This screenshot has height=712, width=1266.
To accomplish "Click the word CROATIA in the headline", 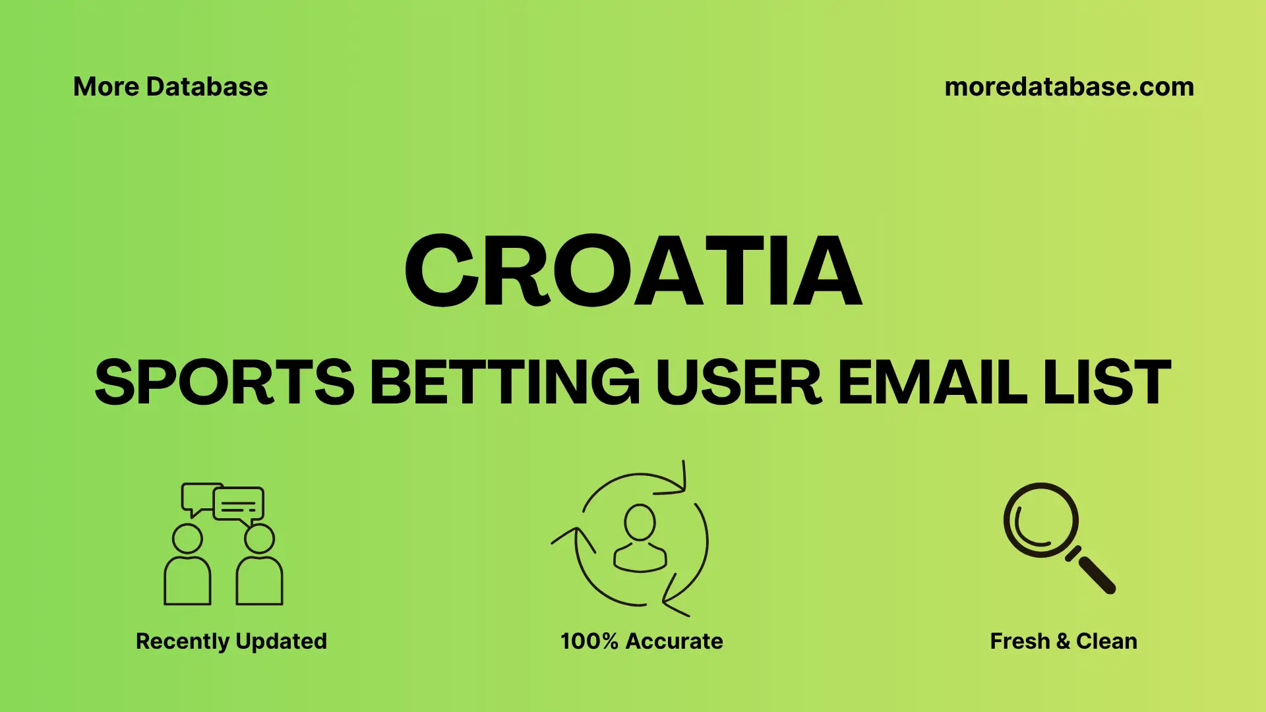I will point(633,272).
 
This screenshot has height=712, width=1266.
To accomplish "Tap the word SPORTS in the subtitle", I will point(224,382).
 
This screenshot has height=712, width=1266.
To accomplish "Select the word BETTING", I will point(504,382).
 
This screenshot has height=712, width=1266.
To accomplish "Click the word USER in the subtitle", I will point(738,382).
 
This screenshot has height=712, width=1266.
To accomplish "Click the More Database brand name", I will point(170,87).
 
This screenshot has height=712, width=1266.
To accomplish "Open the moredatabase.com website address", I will point(1069,87).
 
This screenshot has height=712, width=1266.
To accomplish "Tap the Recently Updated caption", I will point(231,641).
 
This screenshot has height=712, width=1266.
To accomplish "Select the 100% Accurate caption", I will point(642,641).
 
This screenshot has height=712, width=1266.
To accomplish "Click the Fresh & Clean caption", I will point(1063,641).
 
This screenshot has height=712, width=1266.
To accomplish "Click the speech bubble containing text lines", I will point(239,505).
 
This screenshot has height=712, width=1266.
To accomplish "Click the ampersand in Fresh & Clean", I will point(1063,641).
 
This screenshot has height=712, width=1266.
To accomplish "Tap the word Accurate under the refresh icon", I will point(674,641).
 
